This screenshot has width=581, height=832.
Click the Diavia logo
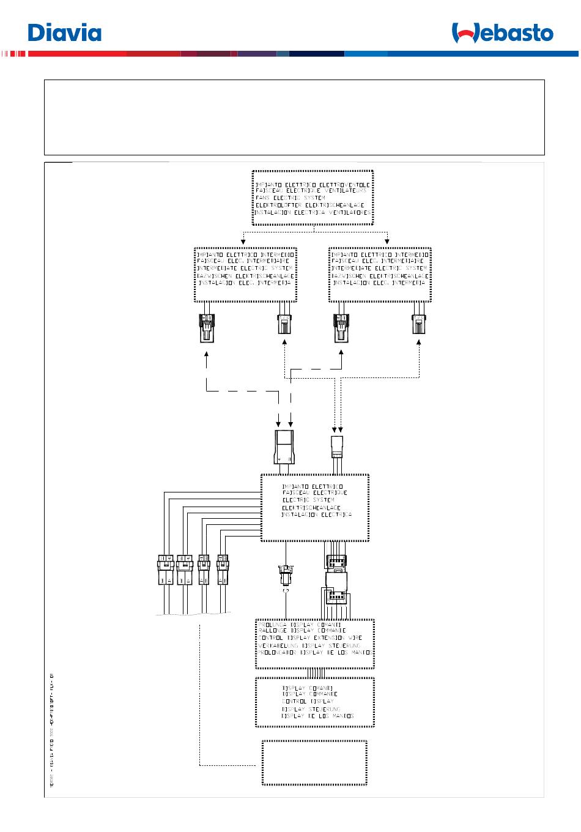coord(64,32)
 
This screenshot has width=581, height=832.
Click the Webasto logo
coord(502,33)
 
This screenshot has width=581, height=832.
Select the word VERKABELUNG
coord(278,645)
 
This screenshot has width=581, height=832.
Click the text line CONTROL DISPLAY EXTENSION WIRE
coord(310,638)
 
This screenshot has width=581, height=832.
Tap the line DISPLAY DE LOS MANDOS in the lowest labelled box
coord(317,716)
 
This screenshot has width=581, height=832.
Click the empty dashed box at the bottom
coord(314,762)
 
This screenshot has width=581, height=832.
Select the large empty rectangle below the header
coord(294,117)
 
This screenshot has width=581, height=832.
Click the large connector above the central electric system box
coord(284,447)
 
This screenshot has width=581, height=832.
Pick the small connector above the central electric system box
coord(338,447)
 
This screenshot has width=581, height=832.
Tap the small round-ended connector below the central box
coord(285,578)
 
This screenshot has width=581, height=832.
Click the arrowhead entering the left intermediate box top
coord(244,241)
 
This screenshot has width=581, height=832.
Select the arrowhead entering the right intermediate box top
coord(387,241)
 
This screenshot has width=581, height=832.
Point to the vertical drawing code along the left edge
coord(53,728)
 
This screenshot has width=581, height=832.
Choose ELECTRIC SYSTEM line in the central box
coord(308,500)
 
